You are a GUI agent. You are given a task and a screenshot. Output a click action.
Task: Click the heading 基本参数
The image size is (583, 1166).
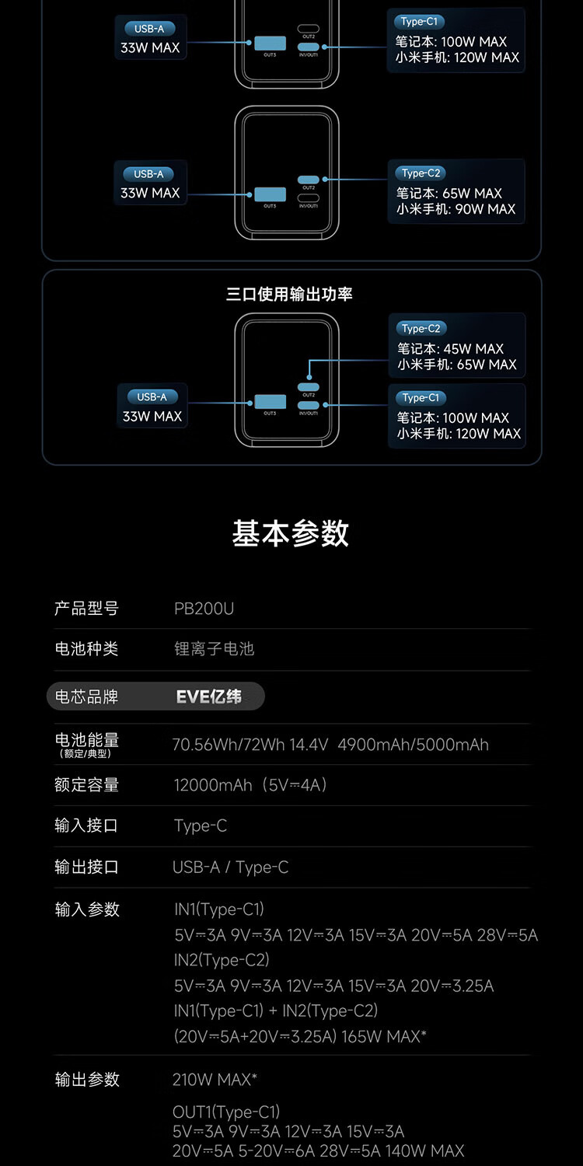[291, 534]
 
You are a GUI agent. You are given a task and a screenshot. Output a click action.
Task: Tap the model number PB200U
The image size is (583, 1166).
[204, 609]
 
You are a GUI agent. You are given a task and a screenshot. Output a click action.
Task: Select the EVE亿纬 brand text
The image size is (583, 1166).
[209, 696]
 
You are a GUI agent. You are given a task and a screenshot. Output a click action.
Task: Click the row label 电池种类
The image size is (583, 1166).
[86, 649]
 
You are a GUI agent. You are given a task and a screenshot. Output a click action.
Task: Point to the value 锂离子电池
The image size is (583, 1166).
[214, 649]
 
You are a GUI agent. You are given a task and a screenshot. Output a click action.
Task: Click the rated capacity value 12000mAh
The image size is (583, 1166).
[213, 785]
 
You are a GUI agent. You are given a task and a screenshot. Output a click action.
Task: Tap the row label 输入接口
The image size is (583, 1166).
[86, 826]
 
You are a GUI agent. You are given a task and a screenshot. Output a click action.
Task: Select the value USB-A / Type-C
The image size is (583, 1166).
[230, 867]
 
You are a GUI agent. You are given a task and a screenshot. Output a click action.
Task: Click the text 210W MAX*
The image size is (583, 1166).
[215, 1080]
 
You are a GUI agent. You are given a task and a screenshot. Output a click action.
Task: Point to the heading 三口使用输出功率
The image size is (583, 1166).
[290, 295]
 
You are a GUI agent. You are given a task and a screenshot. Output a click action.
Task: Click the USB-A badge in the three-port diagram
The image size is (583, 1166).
[152, 396]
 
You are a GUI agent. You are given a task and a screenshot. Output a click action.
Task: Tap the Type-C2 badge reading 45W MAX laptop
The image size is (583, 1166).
[421, 328]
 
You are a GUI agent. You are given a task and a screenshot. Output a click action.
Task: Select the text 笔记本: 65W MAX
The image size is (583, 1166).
[449, 194]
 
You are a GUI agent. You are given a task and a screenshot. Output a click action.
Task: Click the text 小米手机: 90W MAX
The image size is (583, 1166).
[456, 209]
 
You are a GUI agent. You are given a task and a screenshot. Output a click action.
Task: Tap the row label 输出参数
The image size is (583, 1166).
[87, 1080]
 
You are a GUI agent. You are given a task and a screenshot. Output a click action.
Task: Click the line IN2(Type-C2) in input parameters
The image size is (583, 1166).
[222, 960]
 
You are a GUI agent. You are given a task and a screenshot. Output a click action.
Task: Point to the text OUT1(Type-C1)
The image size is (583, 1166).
[226, 1112]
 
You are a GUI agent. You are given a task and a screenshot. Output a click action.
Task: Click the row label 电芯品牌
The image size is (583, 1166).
[86, 696]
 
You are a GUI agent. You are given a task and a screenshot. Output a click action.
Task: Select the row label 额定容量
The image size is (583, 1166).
[86, 785]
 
